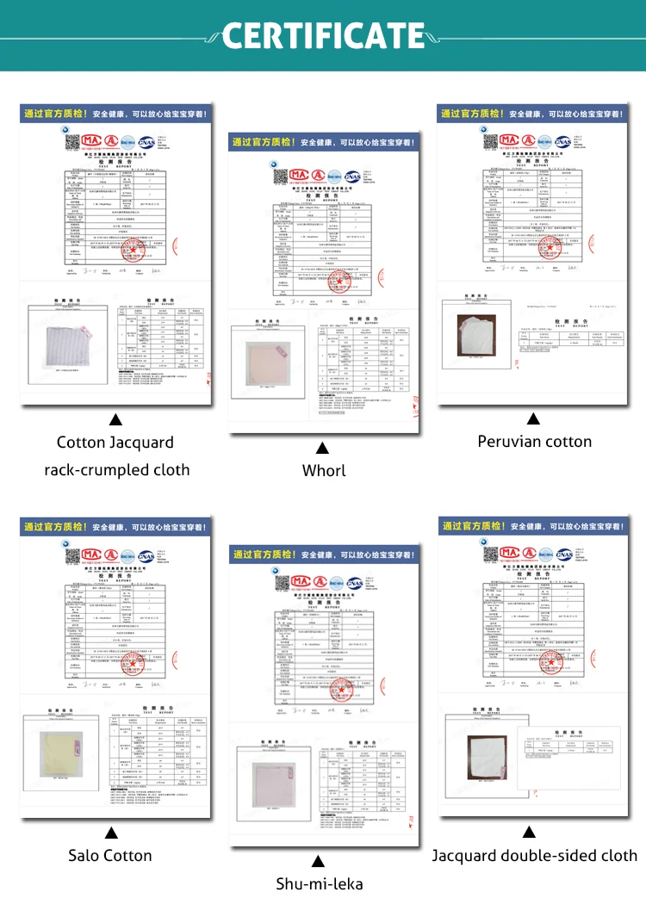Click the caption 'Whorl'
[x=324, y=470]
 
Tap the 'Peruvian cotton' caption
[x=535, y=442]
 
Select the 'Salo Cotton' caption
[x=110, y=855]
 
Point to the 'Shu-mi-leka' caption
[x=319, y=883]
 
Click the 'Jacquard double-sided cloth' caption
[x=535, y=855]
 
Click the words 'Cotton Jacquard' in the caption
[x=115, y=443]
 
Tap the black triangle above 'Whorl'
[x=322, y=448]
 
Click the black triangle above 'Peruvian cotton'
[x=533, y=419]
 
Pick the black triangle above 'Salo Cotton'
[x=111, y=833]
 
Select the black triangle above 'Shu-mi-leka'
[x=318, y=861]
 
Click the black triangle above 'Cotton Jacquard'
[x=115, y=420]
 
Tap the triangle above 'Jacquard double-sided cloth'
[x=529, y=833]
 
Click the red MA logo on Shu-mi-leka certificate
[x=302, y=581]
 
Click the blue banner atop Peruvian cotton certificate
[x=533, y=114]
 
